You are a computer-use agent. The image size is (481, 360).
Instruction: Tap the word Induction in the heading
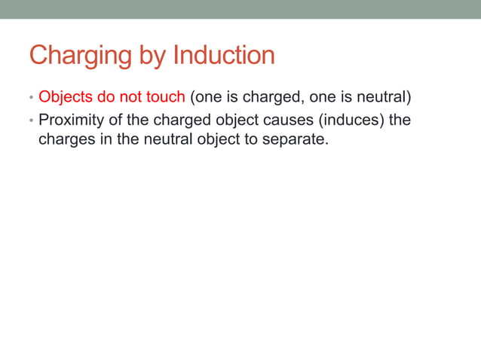click(x=224, y=56)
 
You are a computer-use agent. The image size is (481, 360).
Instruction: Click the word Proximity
click(x=71, y=119)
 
